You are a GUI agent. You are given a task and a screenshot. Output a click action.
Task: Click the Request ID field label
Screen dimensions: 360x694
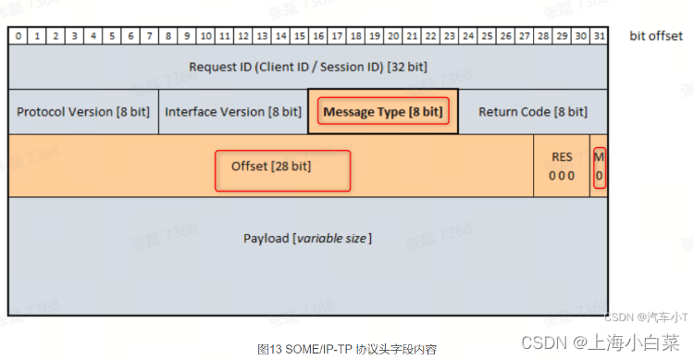point(308,67)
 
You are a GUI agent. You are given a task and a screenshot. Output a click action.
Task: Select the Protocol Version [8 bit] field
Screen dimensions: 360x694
point(83,112)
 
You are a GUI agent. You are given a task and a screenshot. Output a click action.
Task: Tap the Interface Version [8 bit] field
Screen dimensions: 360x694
point(232,112)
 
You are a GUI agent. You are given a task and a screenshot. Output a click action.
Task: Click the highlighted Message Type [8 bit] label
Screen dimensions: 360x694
point(382,112)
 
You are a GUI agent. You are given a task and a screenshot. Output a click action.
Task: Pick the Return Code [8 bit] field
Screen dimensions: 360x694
point(532,112)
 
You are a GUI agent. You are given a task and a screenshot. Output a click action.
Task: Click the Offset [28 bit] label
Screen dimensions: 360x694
point(283,167)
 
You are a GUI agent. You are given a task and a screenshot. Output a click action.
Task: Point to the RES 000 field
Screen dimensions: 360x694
point(562,167)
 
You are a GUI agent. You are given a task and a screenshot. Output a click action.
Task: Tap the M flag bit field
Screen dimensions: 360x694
point(600,167)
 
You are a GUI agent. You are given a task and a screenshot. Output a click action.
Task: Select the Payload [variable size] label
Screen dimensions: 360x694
point(307,238)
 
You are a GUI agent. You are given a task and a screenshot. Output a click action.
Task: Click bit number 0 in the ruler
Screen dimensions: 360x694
point(18,36)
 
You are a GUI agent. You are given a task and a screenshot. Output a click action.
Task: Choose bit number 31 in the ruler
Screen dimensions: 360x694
point(600,36)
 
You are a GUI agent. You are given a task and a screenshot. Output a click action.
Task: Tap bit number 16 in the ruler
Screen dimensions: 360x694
point(318,36)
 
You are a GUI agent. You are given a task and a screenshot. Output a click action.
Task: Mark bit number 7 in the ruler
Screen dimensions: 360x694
point(149,36)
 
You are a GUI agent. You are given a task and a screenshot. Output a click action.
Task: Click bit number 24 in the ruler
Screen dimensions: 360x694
point(468,36)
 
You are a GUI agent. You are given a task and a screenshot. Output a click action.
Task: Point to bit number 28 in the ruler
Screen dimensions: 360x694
point(543,36)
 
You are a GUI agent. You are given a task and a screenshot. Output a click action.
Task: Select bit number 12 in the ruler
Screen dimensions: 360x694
point(242,36)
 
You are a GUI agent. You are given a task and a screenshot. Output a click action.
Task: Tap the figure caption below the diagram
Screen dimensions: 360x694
point(346,349)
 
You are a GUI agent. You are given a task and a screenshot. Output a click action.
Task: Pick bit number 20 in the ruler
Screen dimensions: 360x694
point(393,36)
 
